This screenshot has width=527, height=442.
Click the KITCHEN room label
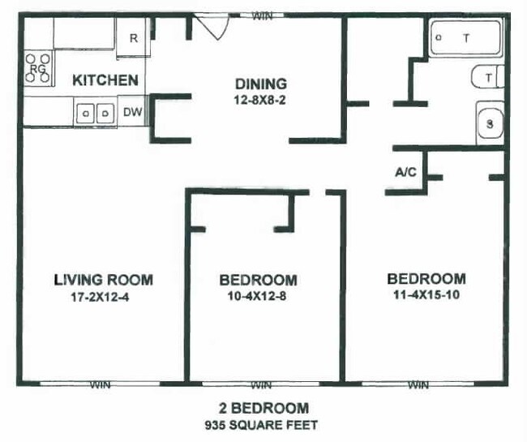click(105, 80)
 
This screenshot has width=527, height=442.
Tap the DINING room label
click(260, 84)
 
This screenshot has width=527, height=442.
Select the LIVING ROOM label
click(103, 280)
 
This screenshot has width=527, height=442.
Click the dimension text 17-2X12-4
click(103, 296)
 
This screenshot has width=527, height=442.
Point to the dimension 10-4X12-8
click(258, 296)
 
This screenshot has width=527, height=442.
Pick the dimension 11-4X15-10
click(426, 294)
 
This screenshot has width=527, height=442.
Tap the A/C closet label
click(405, 173)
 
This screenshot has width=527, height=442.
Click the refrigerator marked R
click(133, 38)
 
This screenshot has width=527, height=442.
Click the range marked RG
click(38, 69)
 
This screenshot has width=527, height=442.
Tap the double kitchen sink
click(93, 113)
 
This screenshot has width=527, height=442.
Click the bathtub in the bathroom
click(465, 38)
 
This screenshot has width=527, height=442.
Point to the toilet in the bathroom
click(486, 77)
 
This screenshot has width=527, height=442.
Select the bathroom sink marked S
click(490, 124)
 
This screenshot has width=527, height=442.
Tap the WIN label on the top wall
click(262, 15)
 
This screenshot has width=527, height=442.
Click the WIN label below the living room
click(100, 384)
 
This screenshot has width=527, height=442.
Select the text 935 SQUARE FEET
click(262, 424)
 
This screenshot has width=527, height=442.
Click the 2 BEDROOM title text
click(262, 408)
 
